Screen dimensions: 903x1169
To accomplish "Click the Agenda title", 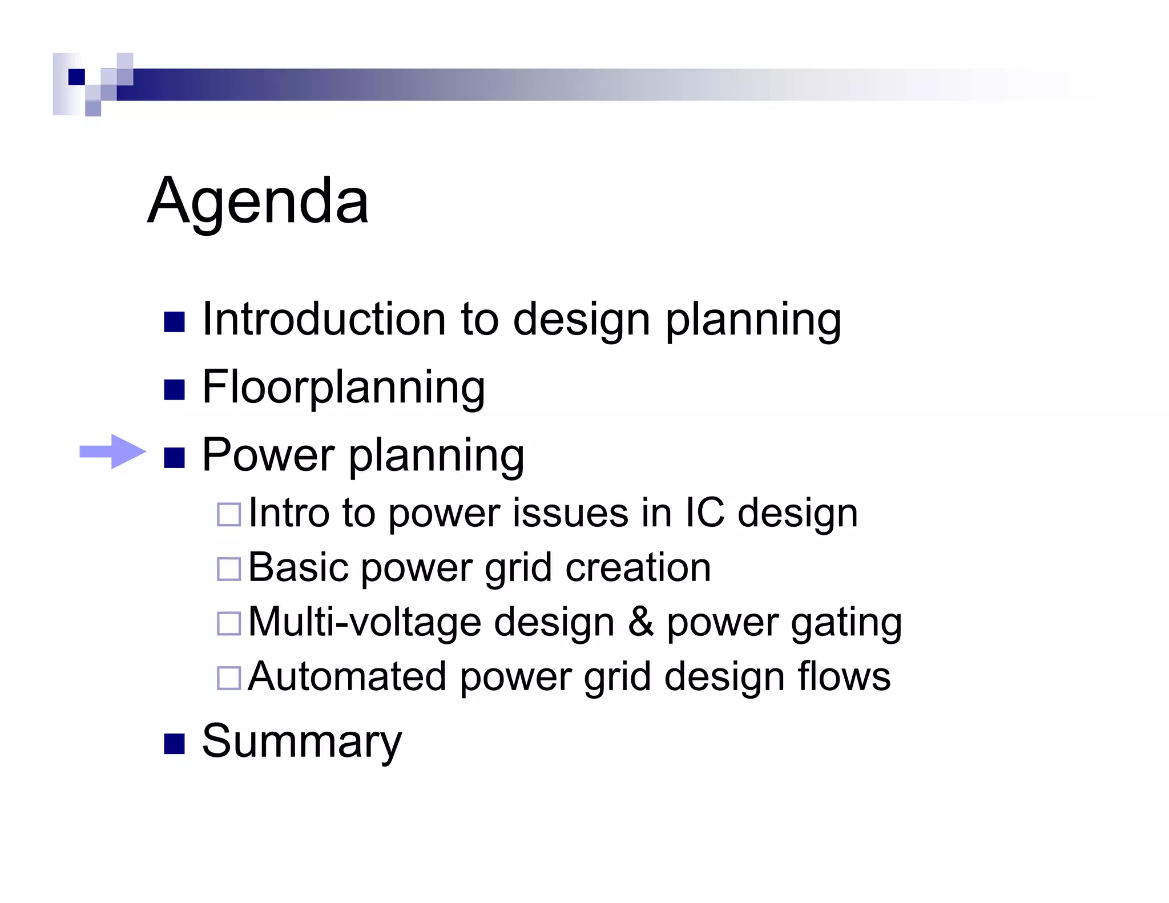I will pyautogui.click(x=258, y=201).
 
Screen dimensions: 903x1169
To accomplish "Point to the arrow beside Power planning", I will pyautogui.click(x=112, y=452).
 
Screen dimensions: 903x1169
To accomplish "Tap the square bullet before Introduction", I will pyautogui.click(x=174, y=322).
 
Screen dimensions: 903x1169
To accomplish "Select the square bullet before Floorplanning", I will pyautogui.click(x=174, y=390).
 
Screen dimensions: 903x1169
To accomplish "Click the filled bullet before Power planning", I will pyautogui.click(x=174, y=458).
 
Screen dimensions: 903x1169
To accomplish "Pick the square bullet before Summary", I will pyautogui.click(x=174, y=744).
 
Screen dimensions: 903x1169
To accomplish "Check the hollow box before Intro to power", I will pyautogui.click(x=229, y=514).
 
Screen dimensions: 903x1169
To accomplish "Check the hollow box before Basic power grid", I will pyautogui.click(x=229, y=569).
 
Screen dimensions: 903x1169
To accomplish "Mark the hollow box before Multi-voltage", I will pyautogui.click(x=229, y=623).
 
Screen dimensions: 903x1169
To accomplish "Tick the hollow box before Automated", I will pyautogui.click(x=229, y=678).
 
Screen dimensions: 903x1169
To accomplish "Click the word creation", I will pyautogui.click(x=638, y=567).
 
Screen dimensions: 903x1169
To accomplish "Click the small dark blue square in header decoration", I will pyautogui.click(x=76, y=76).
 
